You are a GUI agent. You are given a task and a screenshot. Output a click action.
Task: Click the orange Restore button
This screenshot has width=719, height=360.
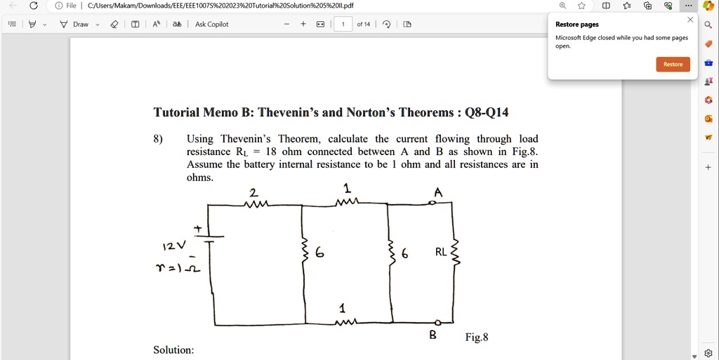coord(673,64)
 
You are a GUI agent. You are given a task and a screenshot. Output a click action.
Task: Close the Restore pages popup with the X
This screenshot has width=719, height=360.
coord(690,20)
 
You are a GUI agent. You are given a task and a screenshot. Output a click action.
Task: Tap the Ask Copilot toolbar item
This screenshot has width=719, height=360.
coord(211,24)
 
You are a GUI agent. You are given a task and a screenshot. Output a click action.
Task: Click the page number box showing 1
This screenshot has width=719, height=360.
coord(343,24)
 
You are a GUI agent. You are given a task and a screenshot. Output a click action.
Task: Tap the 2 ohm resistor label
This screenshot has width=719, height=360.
coord(253,192)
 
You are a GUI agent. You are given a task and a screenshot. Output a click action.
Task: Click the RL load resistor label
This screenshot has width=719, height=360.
coord(440,252)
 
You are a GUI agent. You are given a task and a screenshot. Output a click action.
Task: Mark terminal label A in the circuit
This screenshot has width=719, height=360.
coord(438,192)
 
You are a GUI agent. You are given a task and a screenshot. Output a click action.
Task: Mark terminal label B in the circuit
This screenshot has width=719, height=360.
coord(433,335)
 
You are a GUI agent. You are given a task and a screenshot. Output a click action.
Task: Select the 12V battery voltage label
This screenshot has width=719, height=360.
coord(173,246)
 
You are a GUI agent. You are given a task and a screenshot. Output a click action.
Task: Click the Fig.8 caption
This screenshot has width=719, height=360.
coord(476,338)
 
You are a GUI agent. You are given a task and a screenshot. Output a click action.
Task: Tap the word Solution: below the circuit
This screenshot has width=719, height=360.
coord(173,349)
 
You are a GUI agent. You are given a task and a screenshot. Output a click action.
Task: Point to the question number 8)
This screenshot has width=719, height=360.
coord(158,139)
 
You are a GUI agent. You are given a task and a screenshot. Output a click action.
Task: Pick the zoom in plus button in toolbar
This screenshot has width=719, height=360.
coord(303,24)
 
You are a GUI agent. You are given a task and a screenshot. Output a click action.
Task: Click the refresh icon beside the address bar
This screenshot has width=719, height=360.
coord(33,6)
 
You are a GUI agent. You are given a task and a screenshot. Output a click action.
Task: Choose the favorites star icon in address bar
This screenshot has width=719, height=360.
coord(581,6)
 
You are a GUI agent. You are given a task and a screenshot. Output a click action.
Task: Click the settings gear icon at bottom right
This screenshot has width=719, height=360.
coord(708,353)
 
